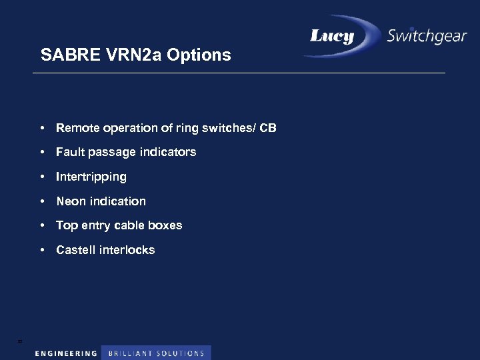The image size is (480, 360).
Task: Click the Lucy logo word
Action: click(332, 36)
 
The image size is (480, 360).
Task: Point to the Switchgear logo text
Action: click(427, 36)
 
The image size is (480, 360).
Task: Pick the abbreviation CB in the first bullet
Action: click(268, 127)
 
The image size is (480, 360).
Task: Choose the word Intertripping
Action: click(91, 177)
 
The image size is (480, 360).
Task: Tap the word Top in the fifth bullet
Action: click(67, 225)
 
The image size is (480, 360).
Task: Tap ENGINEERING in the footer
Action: click(66, 353)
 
